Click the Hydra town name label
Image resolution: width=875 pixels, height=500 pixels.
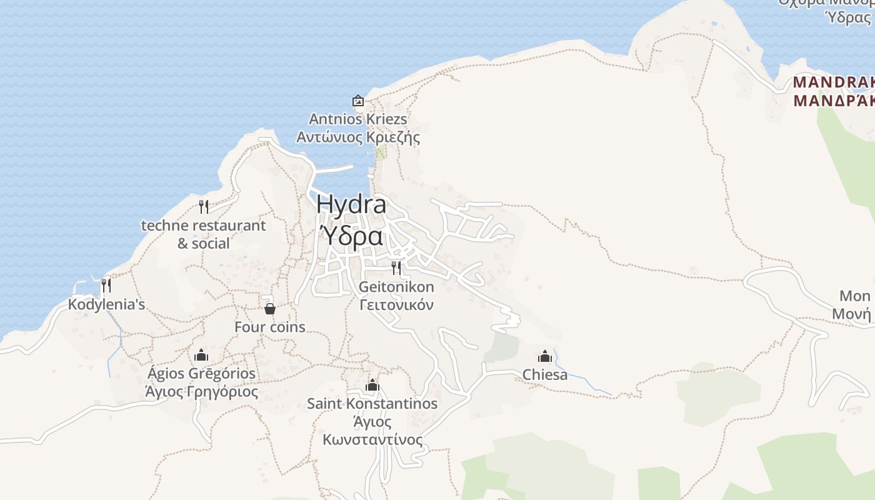[x=351, y=204]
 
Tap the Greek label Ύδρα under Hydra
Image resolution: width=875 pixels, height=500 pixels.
[x=351, y=236]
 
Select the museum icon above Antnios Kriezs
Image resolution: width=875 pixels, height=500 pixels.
[x=358, y=101]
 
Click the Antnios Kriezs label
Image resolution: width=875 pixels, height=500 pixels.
[x=358, y=119]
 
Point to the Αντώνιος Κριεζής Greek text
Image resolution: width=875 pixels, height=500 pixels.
[x=358, y=137]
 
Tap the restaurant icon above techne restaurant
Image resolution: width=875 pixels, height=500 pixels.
[x=203, y=206]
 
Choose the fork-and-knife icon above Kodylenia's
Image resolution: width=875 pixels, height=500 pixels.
[x=106, y=286]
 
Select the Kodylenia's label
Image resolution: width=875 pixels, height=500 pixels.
[x=106, y=304]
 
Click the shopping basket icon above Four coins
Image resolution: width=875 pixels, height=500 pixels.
[x=270, y=308]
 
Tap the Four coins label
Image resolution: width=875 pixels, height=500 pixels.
[x=270, y=326]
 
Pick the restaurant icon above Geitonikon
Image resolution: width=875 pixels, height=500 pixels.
[x=396, y=268]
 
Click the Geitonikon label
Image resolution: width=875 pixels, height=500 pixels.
[x=396, y=287]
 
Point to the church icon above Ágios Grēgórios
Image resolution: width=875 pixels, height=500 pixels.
[x=201, y=355]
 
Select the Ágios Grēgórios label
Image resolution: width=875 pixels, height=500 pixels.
[x=201, y=373]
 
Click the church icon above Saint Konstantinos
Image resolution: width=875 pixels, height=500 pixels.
[x=372, y=385]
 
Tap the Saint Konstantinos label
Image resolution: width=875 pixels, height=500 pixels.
[x=372, y=403]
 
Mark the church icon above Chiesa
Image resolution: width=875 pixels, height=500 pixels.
[x=545, y=356]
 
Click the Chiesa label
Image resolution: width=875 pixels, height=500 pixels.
[x=545, y=374]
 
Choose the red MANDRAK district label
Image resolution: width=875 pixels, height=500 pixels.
[x=833, y=82]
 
